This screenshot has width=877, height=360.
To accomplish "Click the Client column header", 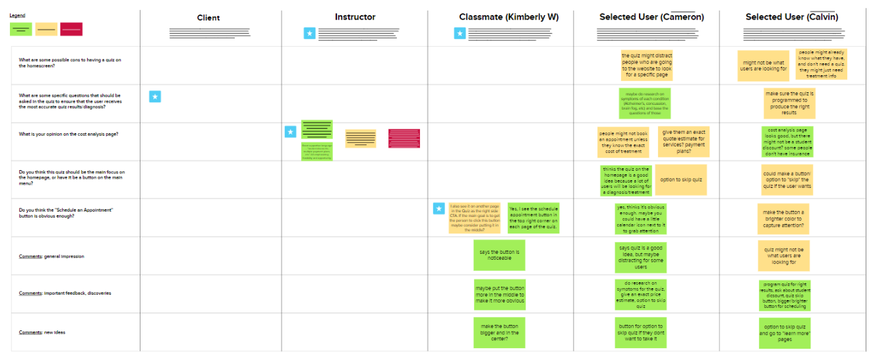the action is pyautogui.click(x=208, y=18).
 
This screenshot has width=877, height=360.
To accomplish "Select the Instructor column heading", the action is pyautogui.click(x=355, y=17).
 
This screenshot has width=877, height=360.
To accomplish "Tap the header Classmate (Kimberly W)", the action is pyautogui.click(x=508, y=17).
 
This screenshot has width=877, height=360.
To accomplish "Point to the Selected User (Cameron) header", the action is pyautogui.click(x=651, y=17).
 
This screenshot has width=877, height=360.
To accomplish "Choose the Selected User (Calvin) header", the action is pyautogui.click(x=792, y=17).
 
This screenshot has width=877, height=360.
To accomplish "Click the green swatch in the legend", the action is pyautogui.click(x=20, y=29).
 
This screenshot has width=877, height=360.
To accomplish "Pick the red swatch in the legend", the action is pyautogui.click(x=71, y=29).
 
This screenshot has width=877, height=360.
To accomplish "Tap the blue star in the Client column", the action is pyautogui.click(x=155, y=97).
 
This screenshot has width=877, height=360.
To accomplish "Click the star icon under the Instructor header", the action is pyautogui.click(x=309, y=33).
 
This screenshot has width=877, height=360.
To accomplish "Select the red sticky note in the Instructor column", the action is pyautogui.click(x=404, y=138).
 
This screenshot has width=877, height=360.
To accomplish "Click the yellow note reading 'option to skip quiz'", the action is pyautogui.click(x=680, y=180).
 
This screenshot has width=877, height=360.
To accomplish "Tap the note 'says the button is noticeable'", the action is pyautogui.click(x=499, y=255).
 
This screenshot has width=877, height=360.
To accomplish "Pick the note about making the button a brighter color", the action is pyautogui.click(x=783, y=220).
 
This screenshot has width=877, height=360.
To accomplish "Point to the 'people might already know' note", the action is pyautogui.click(x=822, y=64).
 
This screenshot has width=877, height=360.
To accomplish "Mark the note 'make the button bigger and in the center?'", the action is pyautogui.click(x=499, y=332).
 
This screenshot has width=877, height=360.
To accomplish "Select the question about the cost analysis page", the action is pyautogui.click(x=69, y=135).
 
